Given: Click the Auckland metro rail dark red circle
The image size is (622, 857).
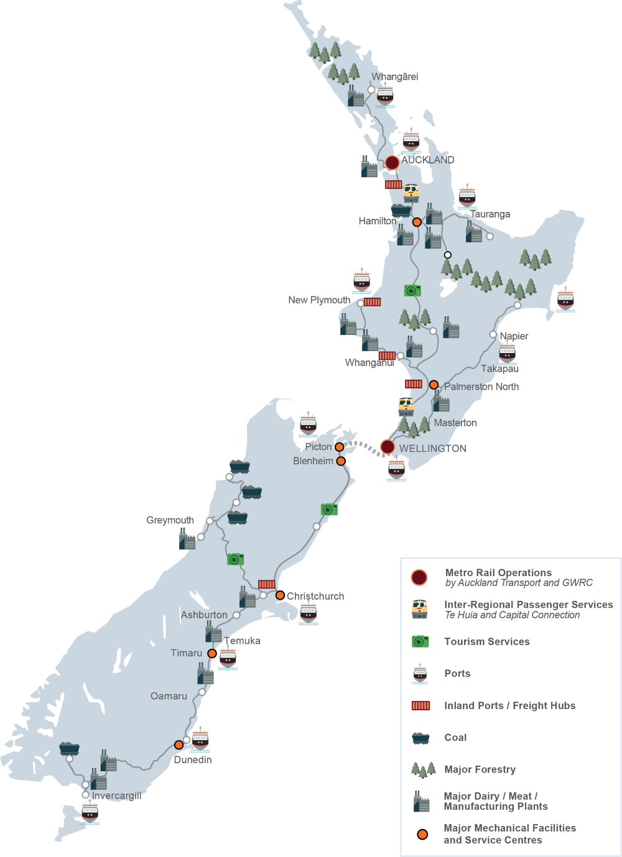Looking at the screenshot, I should click(392, 163).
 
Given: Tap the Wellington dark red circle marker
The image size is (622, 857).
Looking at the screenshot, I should click(388, 447).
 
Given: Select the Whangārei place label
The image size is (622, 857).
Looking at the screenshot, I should click(395, 77).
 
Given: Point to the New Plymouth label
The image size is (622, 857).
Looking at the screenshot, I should click(319, 300).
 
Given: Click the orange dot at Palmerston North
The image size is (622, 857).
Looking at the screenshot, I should click(434, 385).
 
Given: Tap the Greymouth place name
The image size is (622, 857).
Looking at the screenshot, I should click(170, 520).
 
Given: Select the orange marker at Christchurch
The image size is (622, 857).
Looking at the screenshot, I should click(280, 595).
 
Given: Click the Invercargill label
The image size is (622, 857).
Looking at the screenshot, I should click(116, 795).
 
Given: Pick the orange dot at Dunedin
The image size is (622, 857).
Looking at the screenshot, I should click(179, 745).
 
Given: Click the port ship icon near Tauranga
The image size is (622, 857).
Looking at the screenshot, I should click(467, 196).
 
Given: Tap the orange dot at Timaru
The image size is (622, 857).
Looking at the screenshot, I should click(212, 653).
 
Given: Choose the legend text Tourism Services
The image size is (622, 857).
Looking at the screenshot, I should click(486, 641).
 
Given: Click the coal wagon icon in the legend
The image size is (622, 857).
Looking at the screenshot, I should click(420, 738).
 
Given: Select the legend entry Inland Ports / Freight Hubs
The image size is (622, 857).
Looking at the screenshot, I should click(509, 705).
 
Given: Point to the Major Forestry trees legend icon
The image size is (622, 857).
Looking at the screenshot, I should click(423, 769).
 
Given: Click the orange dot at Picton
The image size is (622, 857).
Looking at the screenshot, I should click(339, 447).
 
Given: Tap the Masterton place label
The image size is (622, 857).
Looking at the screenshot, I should click(455, 423).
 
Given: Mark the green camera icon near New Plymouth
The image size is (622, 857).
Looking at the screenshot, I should click(412, 290).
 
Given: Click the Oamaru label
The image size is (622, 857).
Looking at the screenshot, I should click(169, 696).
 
